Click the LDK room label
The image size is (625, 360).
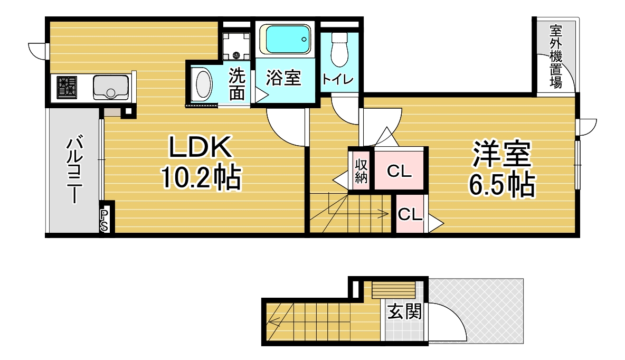click(200, 147)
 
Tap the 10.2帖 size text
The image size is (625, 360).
click(201, 177)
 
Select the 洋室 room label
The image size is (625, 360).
click(501, 154)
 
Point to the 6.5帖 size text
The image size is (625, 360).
click(501, 185)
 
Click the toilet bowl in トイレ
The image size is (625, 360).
click(339, 50)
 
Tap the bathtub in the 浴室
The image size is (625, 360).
click(286, 39)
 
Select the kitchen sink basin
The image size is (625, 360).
click(111, 87)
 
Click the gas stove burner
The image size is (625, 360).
click(67, 87)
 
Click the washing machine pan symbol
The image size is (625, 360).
click(236, 46)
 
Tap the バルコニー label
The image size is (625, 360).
click(74, 169)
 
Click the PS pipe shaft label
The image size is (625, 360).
click(103, 221)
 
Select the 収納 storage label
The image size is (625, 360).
click(361, 170)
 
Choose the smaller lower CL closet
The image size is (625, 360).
click(410, 214)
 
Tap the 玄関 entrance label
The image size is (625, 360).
click(404, 311)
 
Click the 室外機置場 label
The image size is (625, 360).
click(556, 56)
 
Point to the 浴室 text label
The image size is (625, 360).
click(283, 78)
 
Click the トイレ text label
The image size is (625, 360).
click(337, 79)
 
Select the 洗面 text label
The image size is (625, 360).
click(237, 84)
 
